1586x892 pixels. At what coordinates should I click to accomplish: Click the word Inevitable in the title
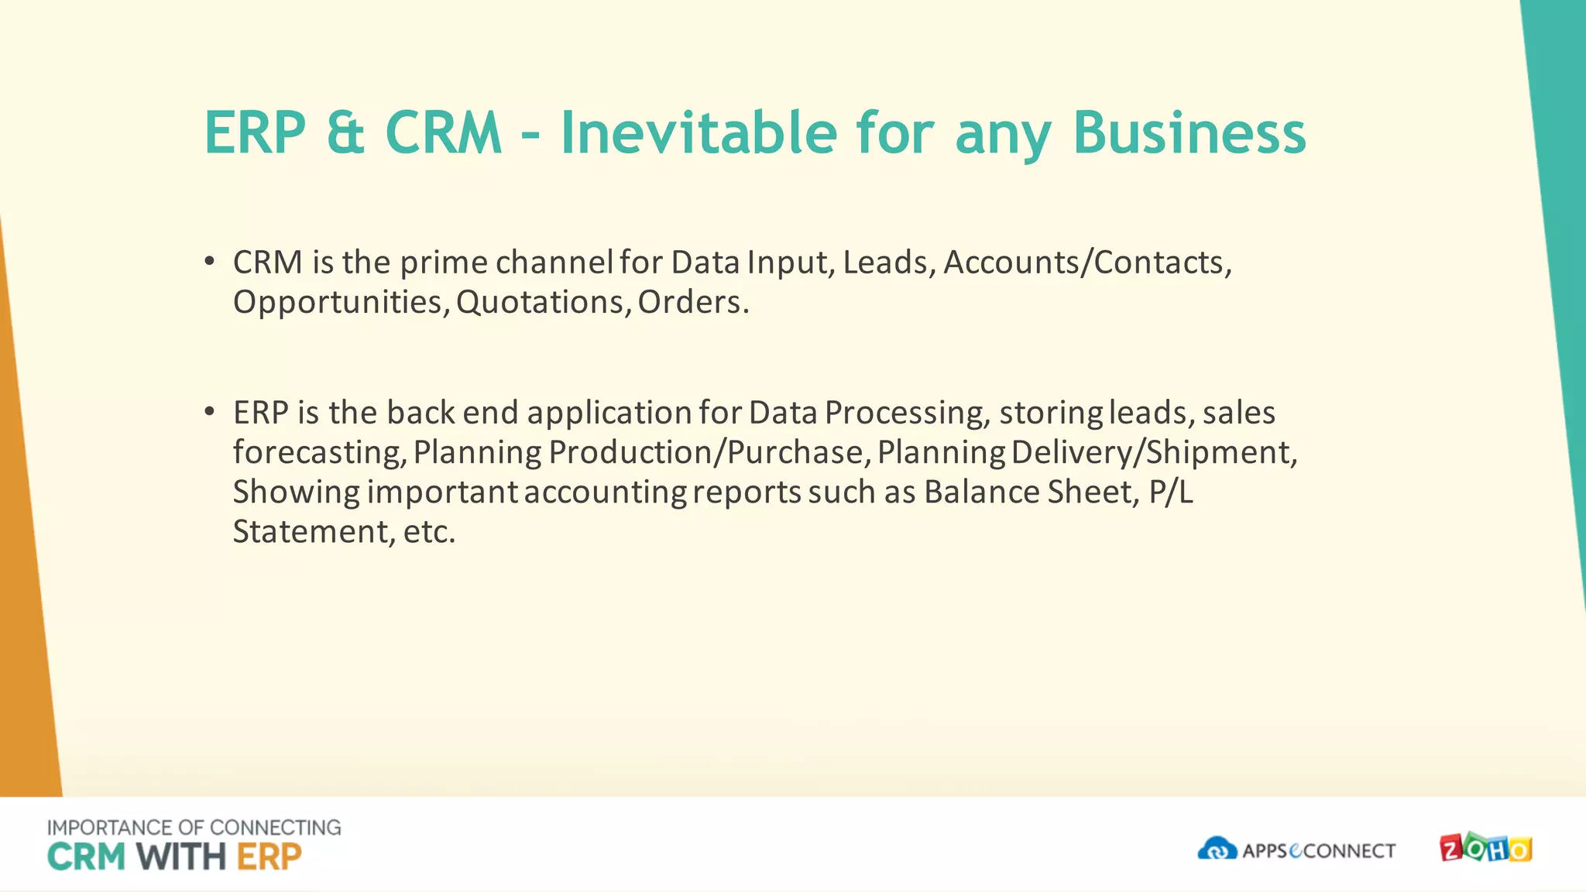point(698,133)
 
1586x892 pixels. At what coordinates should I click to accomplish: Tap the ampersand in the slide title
point(345,133)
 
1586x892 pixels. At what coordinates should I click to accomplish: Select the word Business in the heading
point(1189,133)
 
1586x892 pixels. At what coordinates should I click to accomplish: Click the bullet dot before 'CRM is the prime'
point(209,262)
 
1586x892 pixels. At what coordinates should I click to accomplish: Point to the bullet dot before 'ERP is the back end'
point(209,412)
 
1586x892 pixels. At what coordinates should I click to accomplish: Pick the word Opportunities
point(340,303)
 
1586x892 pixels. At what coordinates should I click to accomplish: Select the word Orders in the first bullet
point(692,302)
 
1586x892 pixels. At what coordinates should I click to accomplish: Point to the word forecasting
point(319,452)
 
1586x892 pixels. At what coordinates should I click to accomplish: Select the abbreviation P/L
point(1171,492)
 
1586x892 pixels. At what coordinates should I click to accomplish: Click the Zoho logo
point(1485,849)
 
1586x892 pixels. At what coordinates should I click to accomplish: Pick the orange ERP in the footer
point(269,857)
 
